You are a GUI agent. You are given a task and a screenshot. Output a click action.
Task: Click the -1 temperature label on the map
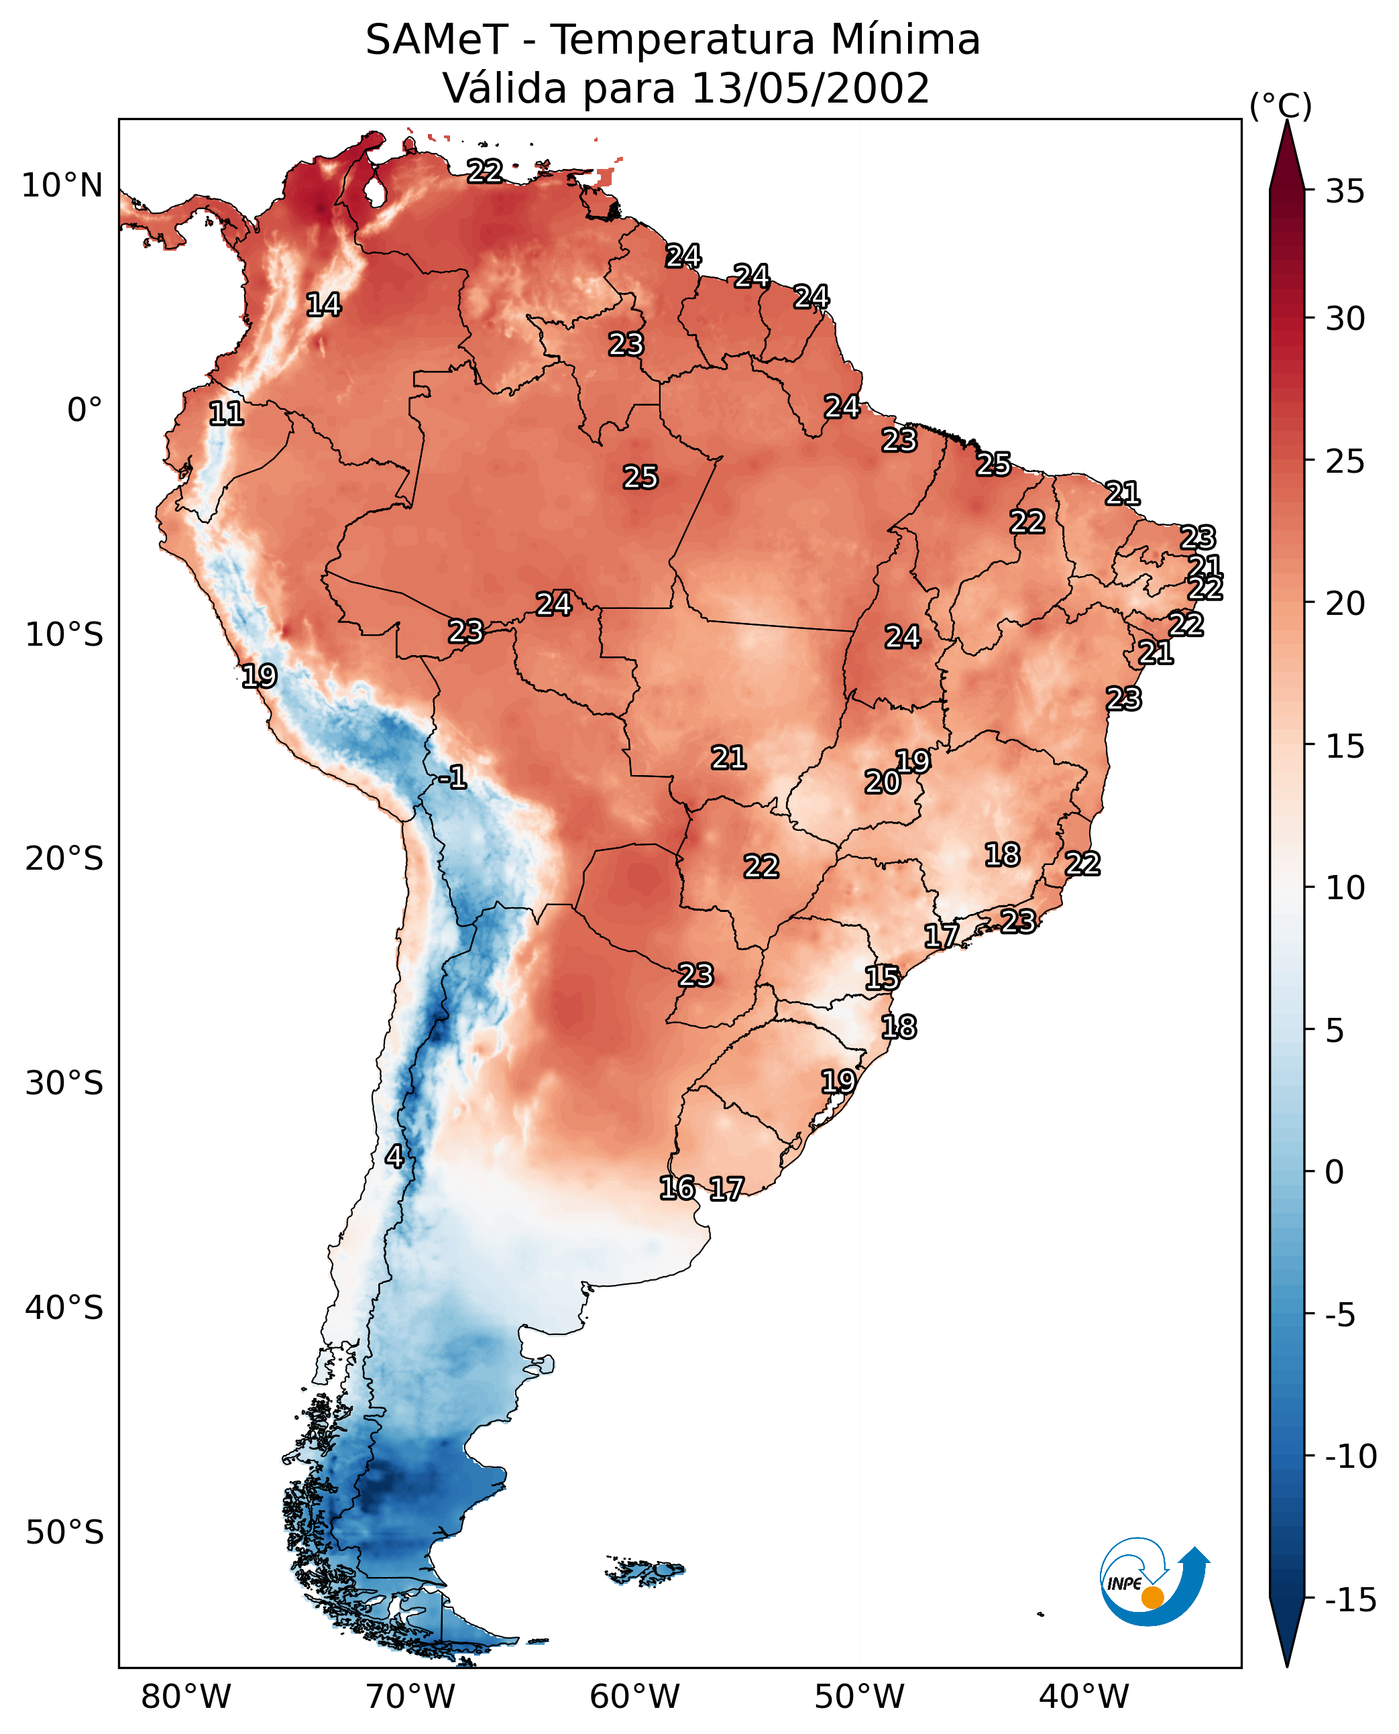tap(453, 776)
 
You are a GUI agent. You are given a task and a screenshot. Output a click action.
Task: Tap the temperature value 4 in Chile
tap(394, 1156)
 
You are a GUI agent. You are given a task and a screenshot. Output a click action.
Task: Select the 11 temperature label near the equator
tap(227, 414)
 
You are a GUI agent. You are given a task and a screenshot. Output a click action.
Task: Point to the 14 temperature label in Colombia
tap(324, 304)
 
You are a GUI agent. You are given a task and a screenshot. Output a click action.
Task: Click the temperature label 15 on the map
tap(883, 978)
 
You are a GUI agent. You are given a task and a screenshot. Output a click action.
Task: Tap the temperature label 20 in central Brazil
tap(883, 782)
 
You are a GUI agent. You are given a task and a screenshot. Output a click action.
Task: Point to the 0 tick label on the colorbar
tap(1335, 1171)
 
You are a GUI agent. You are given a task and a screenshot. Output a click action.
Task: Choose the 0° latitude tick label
tap(85, 410)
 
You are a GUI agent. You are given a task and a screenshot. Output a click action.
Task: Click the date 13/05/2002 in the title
tap(811, 88)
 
